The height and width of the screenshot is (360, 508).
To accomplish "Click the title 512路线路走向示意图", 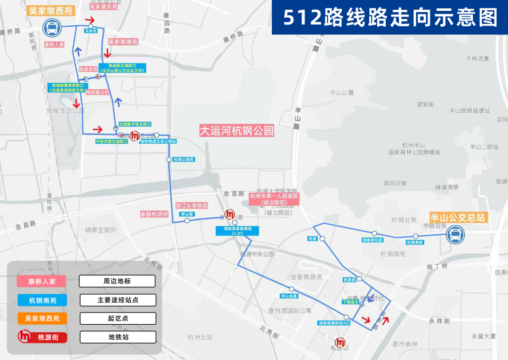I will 390,18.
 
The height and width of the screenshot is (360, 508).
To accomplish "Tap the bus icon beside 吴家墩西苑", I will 51,28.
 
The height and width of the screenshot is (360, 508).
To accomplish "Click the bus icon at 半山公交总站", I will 455,234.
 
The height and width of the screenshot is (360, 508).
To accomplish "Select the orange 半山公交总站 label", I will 458,218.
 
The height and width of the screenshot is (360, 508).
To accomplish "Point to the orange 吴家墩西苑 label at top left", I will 51,10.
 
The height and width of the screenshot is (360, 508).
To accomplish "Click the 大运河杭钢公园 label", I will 237,130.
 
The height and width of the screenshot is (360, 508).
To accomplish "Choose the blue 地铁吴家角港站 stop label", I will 237,230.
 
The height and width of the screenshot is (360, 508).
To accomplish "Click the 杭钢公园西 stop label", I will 183,160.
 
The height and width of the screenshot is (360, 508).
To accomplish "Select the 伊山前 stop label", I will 187,214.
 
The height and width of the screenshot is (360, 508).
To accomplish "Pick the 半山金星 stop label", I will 289,296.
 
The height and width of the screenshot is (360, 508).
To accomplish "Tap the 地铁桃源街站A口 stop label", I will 334,323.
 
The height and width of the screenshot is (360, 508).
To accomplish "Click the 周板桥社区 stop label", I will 373,240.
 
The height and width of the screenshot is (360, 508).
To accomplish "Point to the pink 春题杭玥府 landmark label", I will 154,214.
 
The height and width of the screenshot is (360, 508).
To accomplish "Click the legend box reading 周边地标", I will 117,281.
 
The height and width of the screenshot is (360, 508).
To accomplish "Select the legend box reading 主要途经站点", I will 117,300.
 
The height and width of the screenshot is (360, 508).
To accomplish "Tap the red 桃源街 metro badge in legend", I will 42,337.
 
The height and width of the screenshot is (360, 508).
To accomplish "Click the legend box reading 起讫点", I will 117,318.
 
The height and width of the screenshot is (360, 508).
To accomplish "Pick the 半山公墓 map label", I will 342,93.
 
